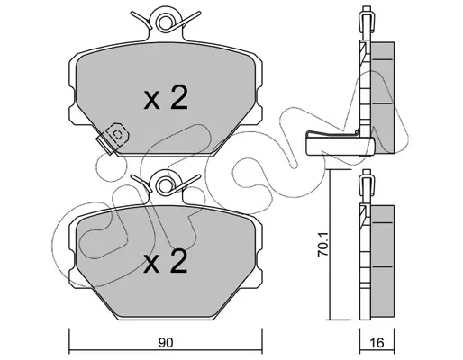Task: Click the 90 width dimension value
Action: click(x=166, y=343)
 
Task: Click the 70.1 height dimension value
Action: click(x=323, y=245)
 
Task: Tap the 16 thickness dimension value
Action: click(x=377, y=342)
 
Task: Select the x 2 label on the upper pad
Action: click(x=166, y=98)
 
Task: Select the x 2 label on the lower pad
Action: click(x=166, y=261)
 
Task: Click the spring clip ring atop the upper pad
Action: click(x=166, y=22)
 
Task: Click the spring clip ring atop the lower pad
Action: click(x=166, y=185)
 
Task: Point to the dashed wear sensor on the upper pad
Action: click(x=118, y=135)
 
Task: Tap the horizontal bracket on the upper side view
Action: click(x=340, y=144)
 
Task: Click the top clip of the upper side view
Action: click(x=366, y=19)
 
